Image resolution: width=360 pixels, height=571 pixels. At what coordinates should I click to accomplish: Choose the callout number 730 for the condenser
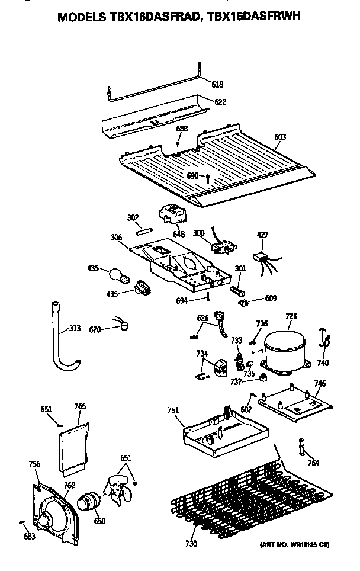(x=191, y=543)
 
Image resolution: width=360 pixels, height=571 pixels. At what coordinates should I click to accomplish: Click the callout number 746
(x=320, y=383)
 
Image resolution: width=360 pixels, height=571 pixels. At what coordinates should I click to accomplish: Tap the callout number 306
(x=116, y=238)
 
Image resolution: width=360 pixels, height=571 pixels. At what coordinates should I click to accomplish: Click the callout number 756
(x=34, y=464)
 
